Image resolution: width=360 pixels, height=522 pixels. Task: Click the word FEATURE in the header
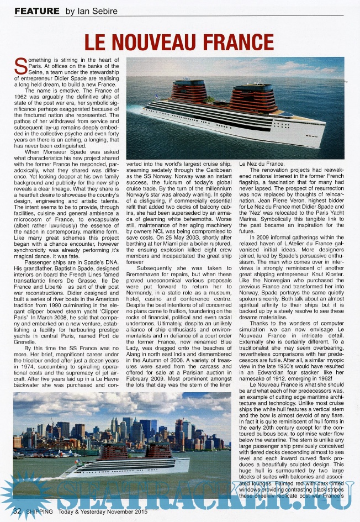pos(36,10)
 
